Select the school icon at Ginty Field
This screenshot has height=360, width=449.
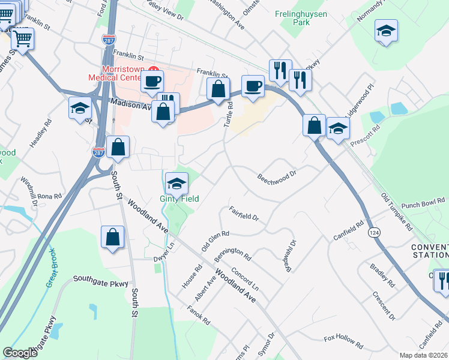coord(176,183)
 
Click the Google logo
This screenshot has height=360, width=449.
coord(20,353)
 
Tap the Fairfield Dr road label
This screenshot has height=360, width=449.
coord(243,213)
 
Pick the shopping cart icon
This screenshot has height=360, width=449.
coord(23,40)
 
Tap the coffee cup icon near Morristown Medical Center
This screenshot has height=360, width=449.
coord(152,80)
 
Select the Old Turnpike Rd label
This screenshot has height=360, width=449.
coord(397,211)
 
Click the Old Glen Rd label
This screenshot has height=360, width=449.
coord(215,241)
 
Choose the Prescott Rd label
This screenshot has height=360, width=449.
coord(367,131)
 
